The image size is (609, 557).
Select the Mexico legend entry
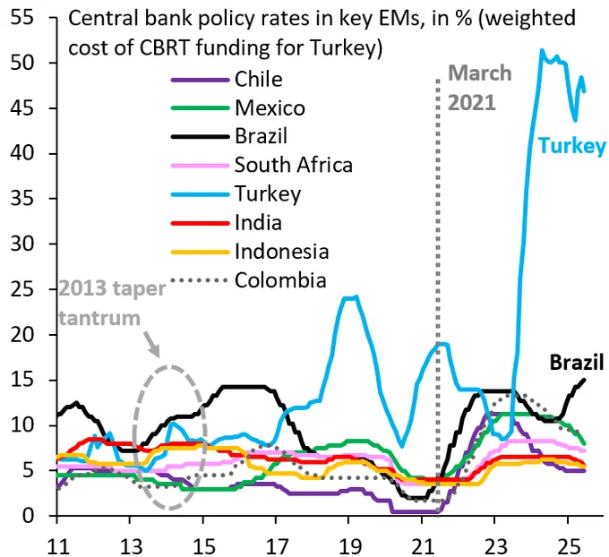point(270,108)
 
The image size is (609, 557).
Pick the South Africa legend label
point(294,165)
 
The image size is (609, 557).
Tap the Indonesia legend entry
point(281,252)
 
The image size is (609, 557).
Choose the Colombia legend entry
point(279,280)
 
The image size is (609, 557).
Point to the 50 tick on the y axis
point(35,64)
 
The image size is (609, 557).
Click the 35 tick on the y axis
point(35,199)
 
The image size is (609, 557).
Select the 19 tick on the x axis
point(350,543)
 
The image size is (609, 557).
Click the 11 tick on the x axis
point(56,543)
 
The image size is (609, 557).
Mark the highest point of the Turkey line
point(541,51)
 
